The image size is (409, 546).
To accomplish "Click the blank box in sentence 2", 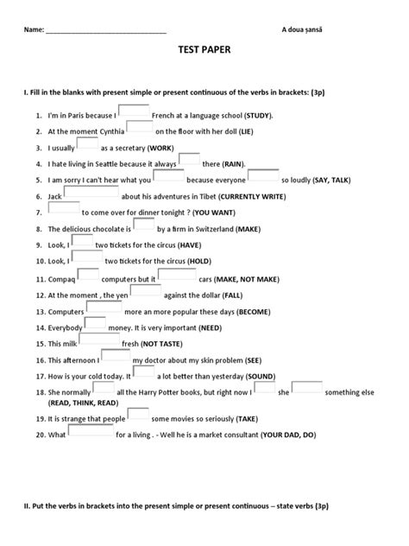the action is tap(140, 129).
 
